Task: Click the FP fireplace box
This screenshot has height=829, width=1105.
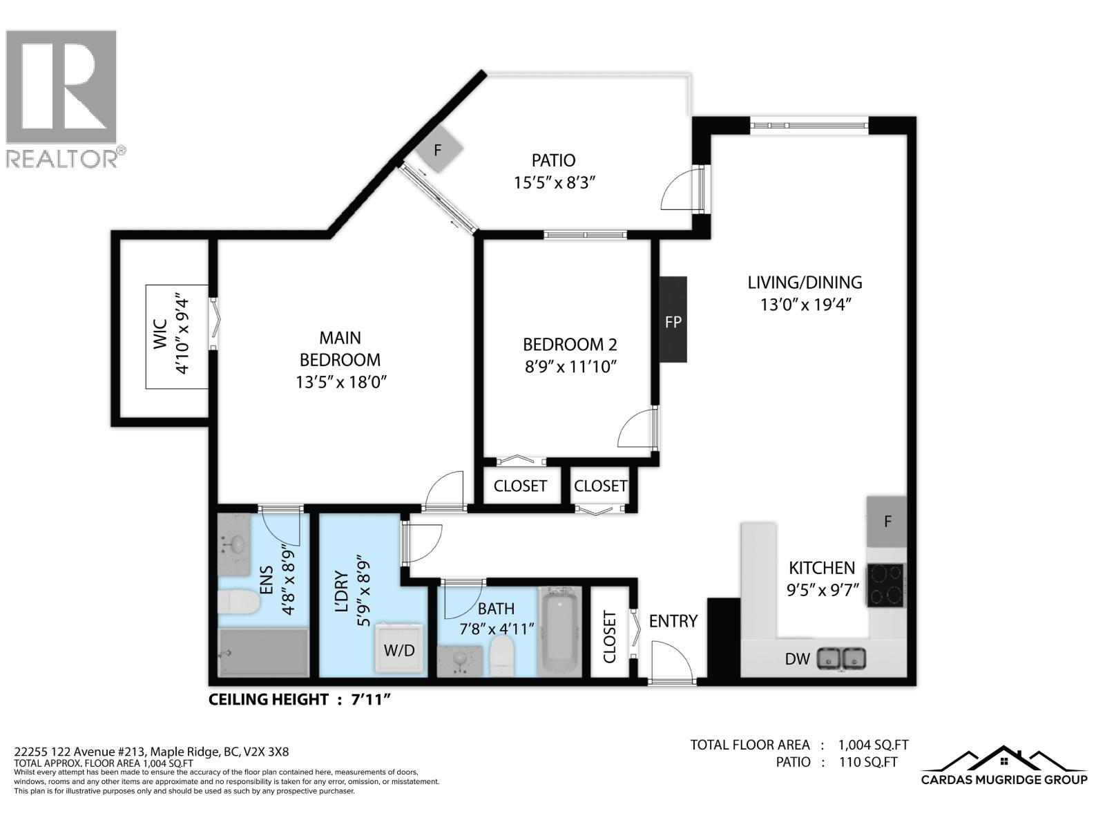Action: (673, 320)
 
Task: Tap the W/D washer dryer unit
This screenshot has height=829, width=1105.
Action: (400, 649)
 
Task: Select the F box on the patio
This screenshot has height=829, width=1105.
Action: (437, 150)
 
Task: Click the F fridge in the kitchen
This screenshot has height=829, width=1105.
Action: (887, 521)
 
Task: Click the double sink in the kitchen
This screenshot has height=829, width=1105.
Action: (841, 658)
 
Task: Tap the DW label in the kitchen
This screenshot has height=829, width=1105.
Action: (797, 659)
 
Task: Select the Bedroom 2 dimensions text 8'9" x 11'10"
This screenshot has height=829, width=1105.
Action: (570, 367)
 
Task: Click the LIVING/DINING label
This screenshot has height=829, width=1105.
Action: (805, 283)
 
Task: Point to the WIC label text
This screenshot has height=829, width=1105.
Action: (160, 335)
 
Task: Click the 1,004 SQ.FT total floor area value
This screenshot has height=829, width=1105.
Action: (873, 745)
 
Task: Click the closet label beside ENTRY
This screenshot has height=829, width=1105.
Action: (609, 636)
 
